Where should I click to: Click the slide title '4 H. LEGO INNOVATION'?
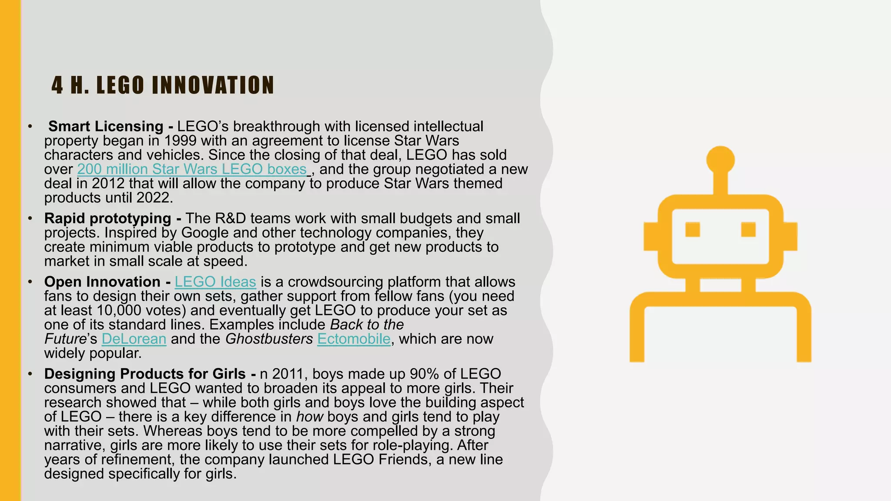(163, 85)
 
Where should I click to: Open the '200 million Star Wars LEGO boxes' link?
(192, 169)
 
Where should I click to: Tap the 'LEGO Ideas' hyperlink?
(215, 282)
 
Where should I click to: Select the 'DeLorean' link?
(134, 339)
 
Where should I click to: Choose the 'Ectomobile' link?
(354, 339)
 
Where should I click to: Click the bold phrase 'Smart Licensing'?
(106, 127)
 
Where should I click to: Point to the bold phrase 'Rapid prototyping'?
(107, 218)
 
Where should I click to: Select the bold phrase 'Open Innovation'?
(102, 282)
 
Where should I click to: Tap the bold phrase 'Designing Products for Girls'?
(145, 374)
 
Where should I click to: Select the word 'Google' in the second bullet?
(204, 233)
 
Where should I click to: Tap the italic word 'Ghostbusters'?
(269, 339)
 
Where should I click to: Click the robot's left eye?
(693, 229)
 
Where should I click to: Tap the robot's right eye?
(748, 229)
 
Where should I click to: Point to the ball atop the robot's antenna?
(720, 160)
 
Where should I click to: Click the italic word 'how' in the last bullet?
(309, 417)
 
